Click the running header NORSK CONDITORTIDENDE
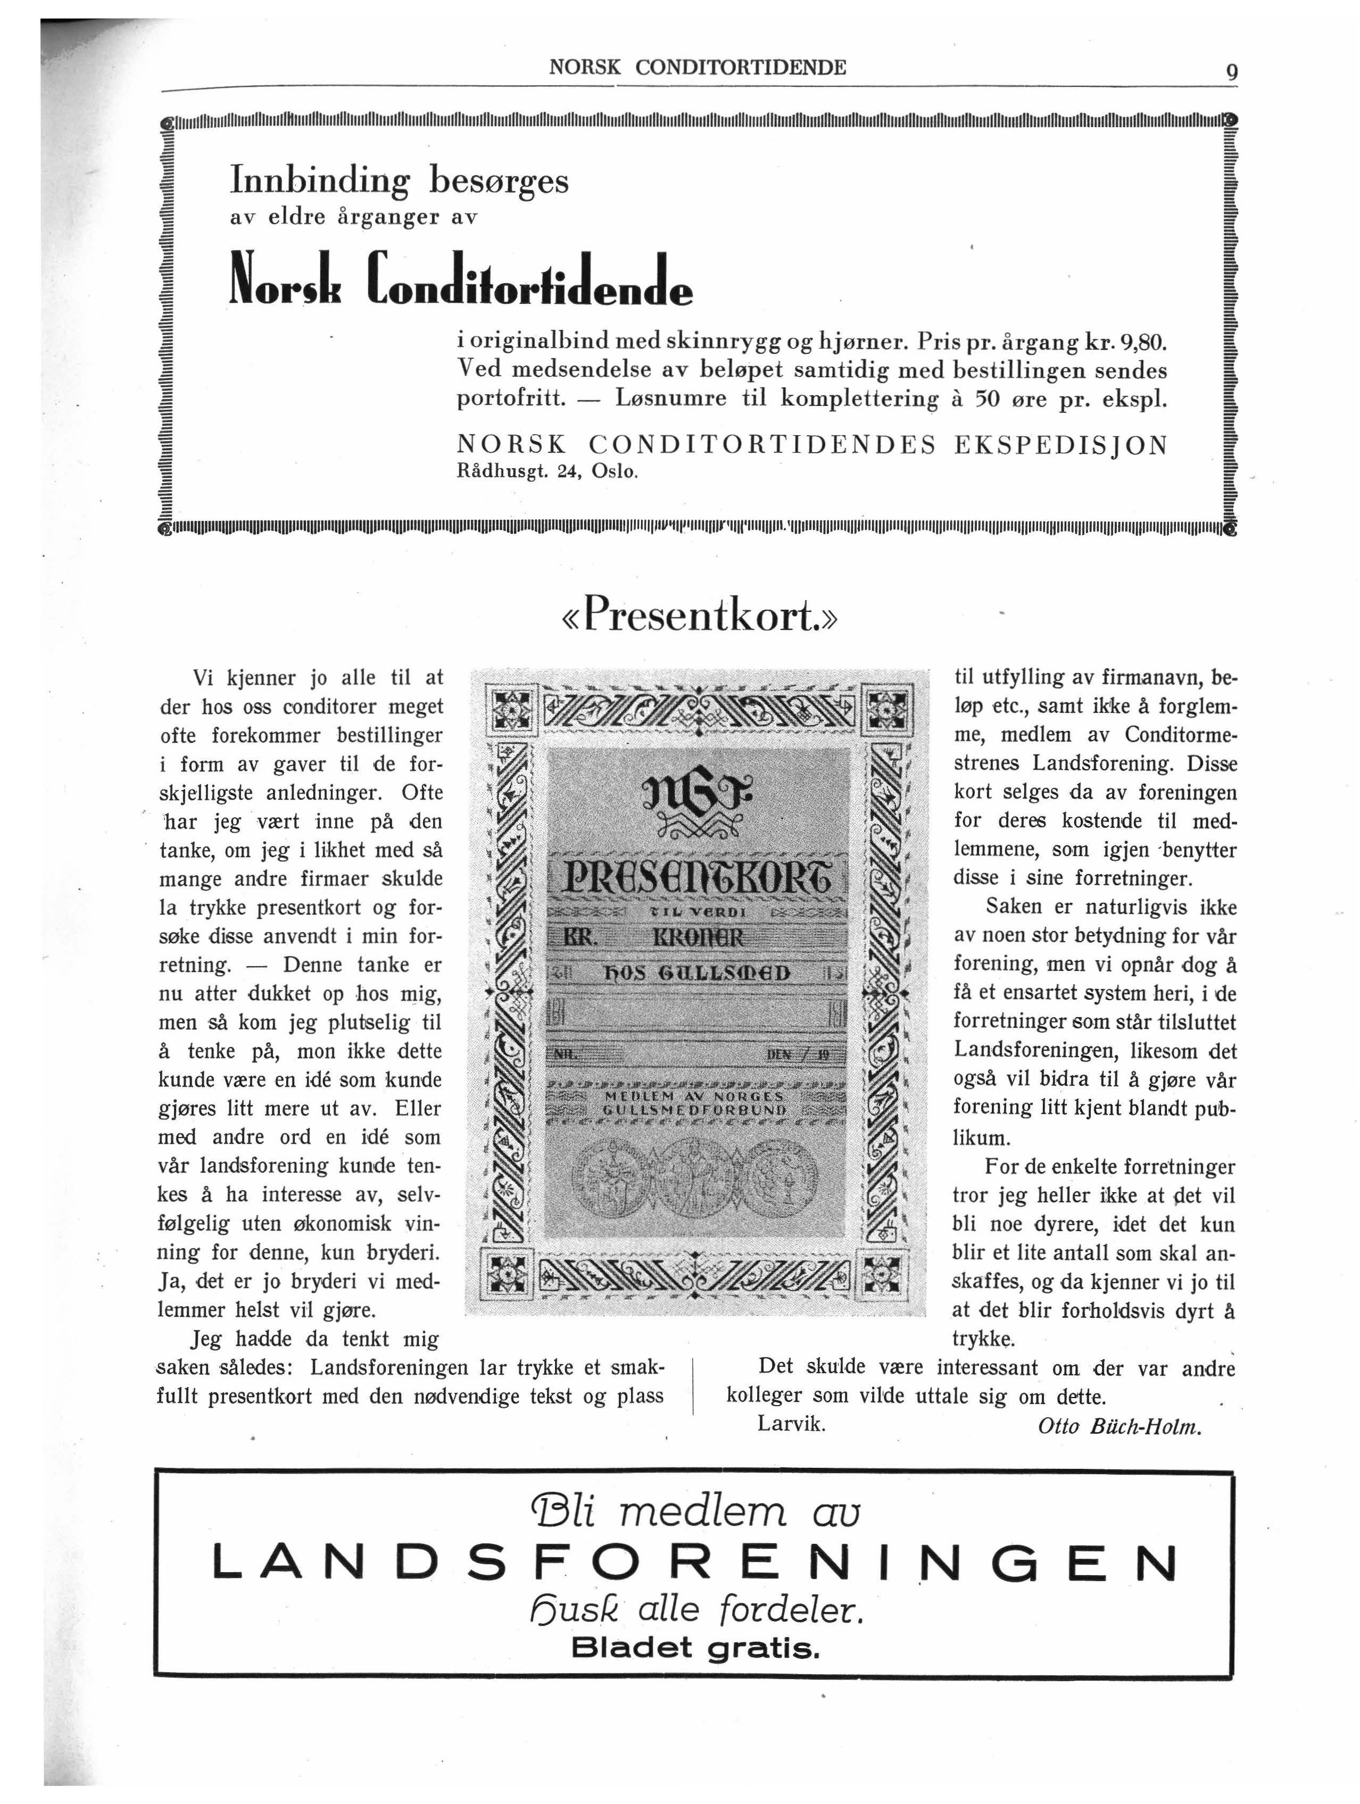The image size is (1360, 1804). [698, 68]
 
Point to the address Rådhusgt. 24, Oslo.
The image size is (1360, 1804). [546, 471]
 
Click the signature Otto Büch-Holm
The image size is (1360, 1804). [1120, 1426]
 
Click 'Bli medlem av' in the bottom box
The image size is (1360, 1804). [695, 1515]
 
